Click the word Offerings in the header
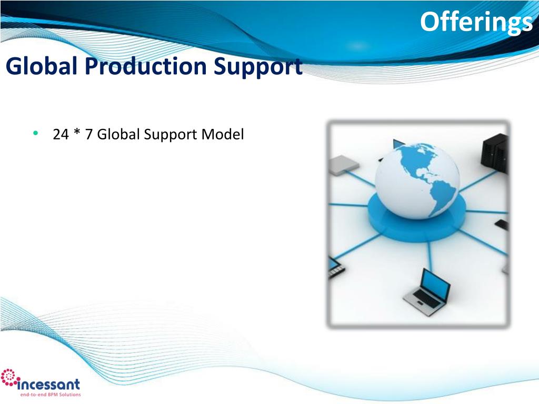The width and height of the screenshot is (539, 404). [x=476, y=23]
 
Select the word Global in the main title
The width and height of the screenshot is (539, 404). [x=41, y=66]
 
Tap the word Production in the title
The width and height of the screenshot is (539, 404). [x=146, y=66]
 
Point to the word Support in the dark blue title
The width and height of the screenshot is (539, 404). [x=258, y=67]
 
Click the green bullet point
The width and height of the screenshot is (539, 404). [x=35, y=133]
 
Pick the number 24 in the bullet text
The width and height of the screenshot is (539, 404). [x=61, y=134]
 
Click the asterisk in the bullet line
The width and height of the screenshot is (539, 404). [x=77, y=132]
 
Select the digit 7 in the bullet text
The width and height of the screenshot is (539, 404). [x=88, y=134]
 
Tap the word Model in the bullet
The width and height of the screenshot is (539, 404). [x=223, y=134]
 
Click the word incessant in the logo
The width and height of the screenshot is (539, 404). [x=48, y=384]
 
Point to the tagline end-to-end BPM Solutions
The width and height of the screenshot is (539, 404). [x=51, y=395]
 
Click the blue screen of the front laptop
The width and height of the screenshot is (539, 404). [x=436, y=285]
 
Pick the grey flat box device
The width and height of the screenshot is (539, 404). [x=344, y=165]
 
